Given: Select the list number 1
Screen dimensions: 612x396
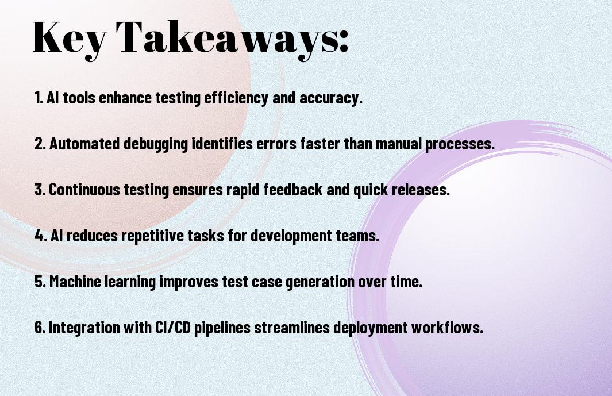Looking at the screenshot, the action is coord(39,98).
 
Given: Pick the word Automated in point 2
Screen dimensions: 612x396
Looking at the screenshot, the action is coord(84,143).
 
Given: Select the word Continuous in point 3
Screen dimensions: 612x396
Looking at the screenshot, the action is coord(84,190).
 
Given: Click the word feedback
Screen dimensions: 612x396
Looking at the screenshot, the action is coord(293,190).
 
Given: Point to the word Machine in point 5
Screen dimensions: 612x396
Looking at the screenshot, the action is coord(75,281).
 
